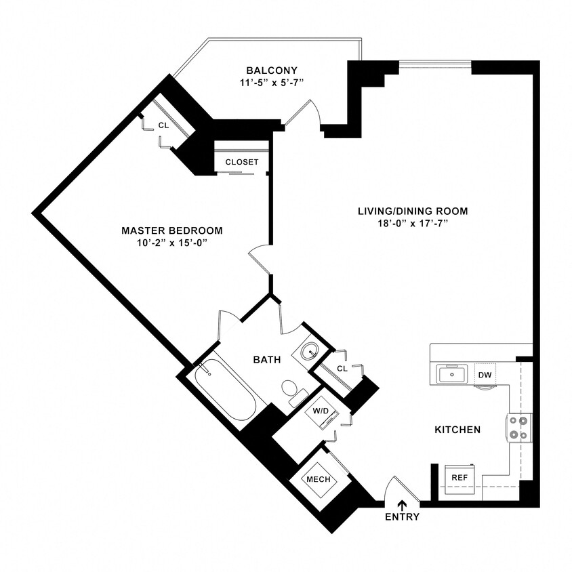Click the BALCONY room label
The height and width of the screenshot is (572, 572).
point(271,70)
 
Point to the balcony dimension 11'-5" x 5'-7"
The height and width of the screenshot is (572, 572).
point(271,83)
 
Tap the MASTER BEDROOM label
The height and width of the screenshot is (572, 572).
point(171,230)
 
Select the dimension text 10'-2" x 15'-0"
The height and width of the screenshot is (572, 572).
point(171,243)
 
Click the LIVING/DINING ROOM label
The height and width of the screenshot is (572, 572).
point(413,211)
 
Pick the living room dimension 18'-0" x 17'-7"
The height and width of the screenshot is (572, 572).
point(413,223)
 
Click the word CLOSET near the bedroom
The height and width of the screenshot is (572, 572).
point(241,162)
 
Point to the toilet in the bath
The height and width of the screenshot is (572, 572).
point(292,390)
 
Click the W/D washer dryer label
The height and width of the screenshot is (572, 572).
point(320,411)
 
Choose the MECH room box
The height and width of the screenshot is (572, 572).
point(319,479)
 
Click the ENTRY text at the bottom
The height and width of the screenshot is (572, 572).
point(403,517)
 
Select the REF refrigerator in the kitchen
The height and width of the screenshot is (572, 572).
point(459,477)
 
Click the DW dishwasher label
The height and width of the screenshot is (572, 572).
point(484,375)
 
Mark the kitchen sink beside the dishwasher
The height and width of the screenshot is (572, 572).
point(450,373)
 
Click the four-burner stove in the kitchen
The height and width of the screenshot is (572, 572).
point(519,428)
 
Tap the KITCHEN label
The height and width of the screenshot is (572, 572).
point(457,430)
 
